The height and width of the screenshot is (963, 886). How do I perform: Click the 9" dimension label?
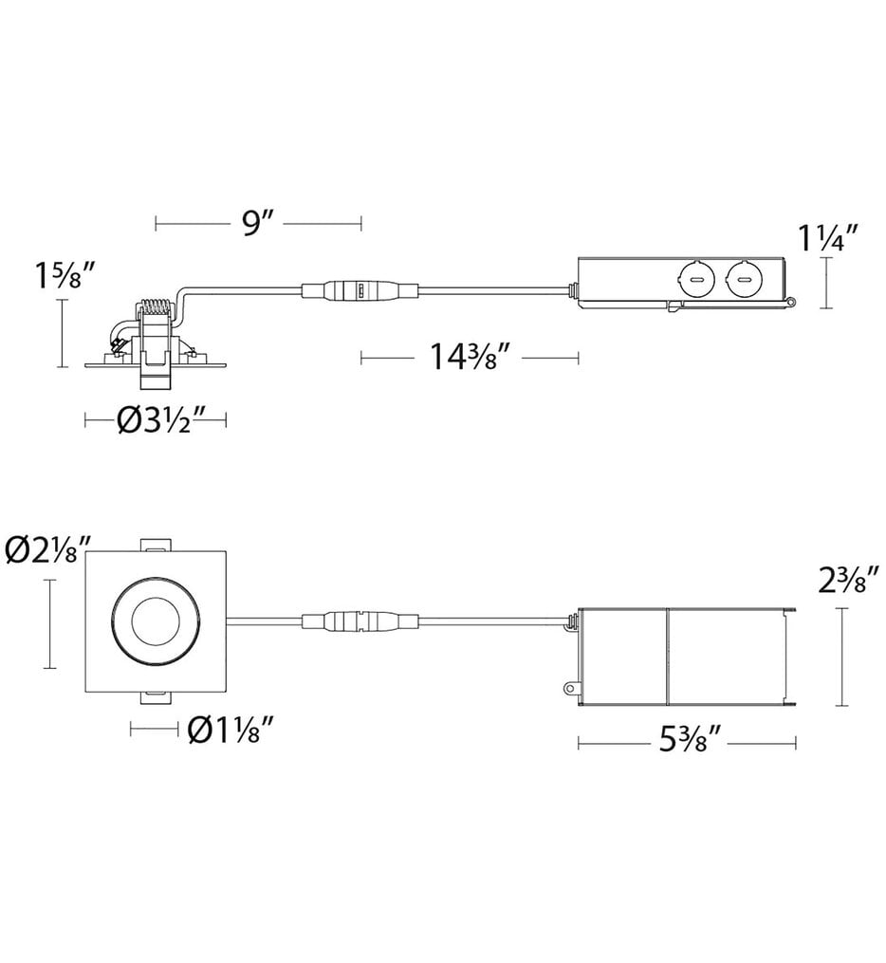click(x=257, y=224)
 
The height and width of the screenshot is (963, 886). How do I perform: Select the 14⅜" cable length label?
click(x=471, y=358)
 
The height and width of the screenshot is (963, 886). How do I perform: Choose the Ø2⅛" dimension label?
click(x=47, y=551)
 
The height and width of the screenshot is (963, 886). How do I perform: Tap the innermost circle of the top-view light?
click(x=155, y=622)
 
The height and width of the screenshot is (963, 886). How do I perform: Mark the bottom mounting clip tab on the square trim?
click(x=156, y=699)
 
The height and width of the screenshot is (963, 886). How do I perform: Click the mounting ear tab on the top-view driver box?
click(x=569, y=685)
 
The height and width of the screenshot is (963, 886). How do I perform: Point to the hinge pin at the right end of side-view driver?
click(x=789, y=303)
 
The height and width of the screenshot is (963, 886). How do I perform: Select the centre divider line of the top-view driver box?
click(x=669, y=657)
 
